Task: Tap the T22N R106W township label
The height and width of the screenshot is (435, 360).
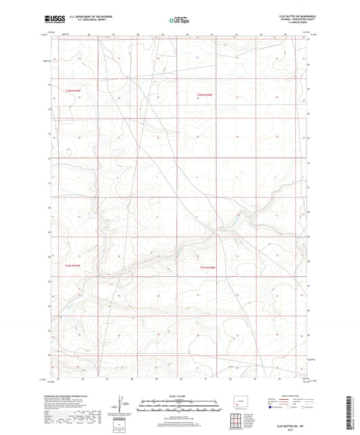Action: [205, 95]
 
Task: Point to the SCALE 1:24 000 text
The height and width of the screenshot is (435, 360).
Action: [180, 396]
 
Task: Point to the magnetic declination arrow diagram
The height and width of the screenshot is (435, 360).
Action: [120, 405]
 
